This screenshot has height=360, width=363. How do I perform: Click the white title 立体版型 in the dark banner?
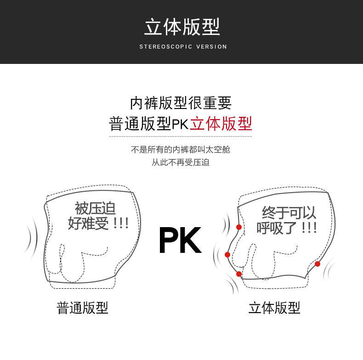coord(182,27)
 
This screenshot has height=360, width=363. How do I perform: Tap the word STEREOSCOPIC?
coord(166,46)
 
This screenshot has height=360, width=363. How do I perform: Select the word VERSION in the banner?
coord(211,46)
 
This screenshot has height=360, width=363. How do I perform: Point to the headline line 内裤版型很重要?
coord(181,103)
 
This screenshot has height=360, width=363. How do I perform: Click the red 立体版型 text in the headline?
coord(221,124)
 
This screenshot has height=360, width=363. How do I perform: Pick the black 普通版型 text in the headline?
coord(140,124)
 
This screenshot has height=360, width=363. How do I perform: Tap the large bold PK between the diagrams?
coord(180,240)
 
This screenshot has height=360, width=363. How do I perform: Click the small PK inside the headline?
coord(180,125)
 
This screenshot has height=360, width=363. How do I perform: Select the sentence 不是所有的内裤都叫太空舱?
coord(181,149)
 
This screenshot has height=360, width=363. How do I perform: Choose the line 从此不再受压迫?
coord(181,162)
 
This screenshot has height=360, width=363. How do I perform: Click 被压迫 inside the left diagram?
coord(95,208)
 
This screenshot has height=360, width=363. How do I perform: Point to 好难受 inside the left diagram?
coord(88,223)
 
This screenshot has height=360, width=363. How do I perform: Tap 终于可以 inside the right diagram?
coord(289,212)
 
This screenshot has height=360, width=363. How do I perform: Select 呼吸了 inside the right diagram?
coord(277,228)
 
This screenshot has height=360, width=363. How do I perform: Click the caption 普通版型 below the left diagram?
coord(82,308)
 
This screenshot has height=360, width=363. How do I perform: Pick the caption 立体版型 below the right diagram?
coord(274,308)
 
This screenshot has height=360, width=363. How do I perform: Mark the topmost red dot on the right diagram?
coord(239,227)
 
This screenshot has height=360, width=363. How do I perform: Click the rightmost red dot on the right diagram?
coord(318,264)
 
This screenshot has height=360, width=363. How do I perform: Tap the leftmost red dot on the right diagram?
coord(227,255)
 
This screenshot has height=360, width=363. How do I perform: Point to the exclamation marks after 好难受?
coord(121,223)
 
